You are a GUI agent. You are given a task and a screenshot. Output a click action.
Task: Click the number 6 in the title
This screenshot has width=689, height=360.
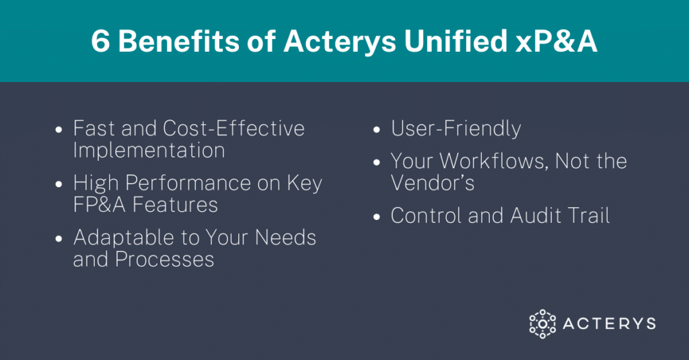click(x=100, y=42)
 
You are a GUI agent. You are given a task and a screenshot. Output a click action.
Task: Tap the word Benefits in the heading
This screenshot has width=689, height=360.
click(x=179, y=42)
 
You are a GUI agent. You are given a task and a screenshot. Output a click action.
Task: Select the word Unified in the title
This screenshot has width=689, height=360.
click(x=456, y=41)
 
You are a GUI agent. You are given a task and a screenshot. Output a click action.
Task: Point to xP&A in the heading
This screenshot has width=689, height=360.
click(x=556, y=42)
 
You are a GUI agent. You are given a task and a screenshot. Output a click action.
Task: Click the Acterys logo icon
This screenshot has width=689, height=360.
click(x=542, y=324)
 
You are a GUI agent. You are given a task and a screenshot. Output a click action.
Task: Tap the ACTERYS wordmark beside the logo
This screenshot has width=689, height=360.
click(x=610, y=324)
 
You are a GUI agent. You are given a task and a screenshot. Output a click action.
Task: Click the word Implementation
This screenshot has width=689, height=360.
click(x=149, y=150)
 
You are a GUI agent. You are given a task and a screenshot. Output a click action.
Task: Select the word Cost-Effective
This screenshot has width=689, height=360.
click(x=233, y=129)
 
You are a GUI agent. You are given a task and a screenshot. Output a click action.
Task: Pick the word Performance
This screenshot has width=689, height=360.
click(x=203, y=183)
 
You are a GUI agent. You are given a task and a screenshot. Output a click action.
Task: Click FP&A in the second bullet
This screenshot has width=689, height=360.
click(x=100, y=205)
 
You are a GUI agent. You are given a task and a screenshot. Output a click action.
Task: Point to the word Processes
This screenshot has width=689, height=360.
click(x=164, y=260)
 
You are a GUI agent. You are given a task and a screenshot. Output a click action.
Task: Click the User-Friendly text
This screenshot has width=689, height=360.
click(x=456, y=129)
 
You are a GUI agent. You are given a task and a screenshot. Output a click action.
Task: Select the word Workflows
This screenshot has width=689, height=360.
click(x=495, y=161)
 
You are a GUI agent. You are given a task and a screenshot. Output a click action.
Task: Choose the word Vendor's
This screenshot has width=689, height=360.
click(x=433, y=183)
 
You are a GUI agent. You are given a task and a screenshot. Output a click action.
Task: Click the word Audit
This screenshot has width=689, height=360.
click(x=536, y=216)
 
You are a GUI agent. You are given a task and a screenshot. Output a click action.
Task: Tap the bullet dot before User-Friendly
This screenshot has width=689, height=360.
click(x=377, y=130)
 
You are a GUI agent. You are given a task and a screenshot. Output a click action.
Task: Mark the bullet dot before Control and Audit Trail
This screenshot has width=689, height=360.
click(x=377, y=217)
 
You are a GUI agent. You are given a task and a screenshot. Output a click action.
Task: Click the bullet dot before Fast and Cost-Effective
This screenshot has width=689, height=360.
click(x=59, y=130)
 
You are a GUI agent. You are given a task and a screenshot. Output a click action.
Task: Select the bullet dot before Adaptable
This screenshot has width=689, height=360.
click(x=59, y=239)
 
